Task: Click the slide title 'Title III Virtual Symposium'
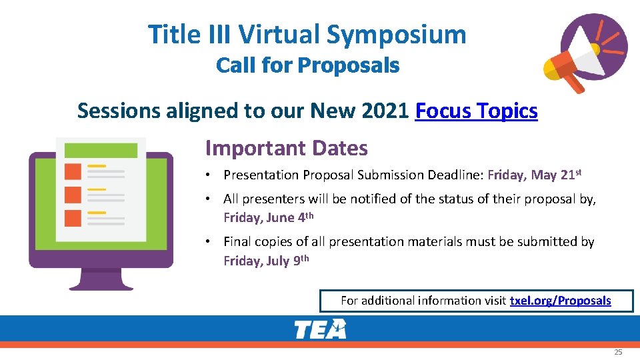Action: coord(307,35)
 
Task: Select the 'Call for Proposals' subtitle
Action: coord(307,66)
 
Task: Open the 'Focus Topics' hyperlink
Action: coord(476,111)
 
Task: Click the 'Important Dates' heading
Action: coord(286,148)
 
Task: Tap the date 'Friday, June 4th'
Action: coord(268,217)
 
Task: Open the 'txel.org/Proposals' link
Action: coord(560,301)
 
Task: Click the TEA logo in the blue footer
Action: coord(321,329)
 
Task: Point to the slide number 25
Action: coord(618,351)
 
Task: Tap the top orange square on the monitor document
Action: coord(73,171)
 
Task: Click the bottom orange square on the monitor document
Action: coord(73,218)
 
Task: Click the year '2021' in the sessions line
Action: coord(384,111)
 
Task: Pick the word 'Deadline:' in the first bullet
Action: coord(459,175)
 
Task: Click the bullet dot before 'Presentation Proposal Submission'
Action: coord(209,175)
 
